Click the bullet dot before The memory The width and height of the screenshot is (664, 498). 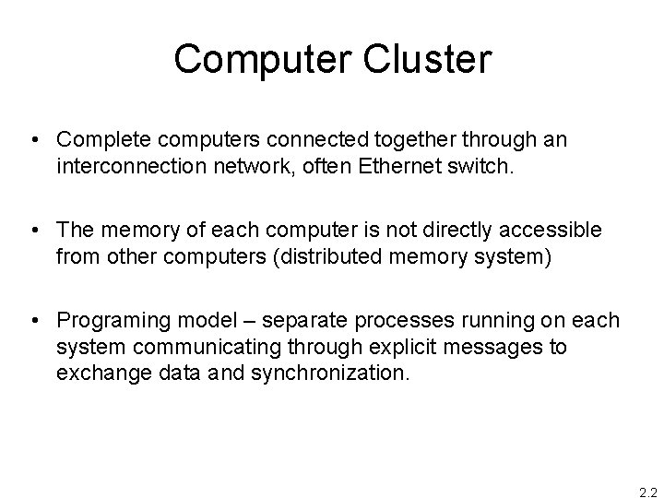tap(34, 230)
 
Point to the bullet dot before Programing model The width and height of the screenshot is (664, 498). tap(34, 320)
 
